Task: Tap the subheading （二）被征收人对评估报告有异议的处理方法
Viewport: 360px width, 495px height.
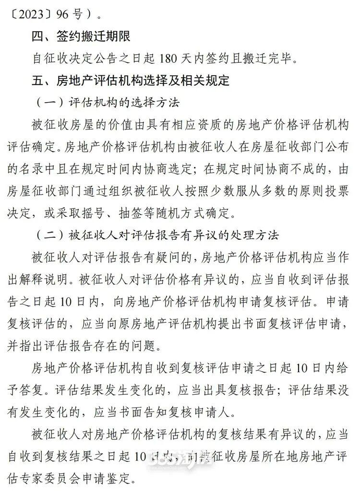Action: [x=158, y=236]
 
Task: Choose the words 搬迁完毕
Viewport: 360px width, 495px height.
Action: [x=273, y=59]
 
